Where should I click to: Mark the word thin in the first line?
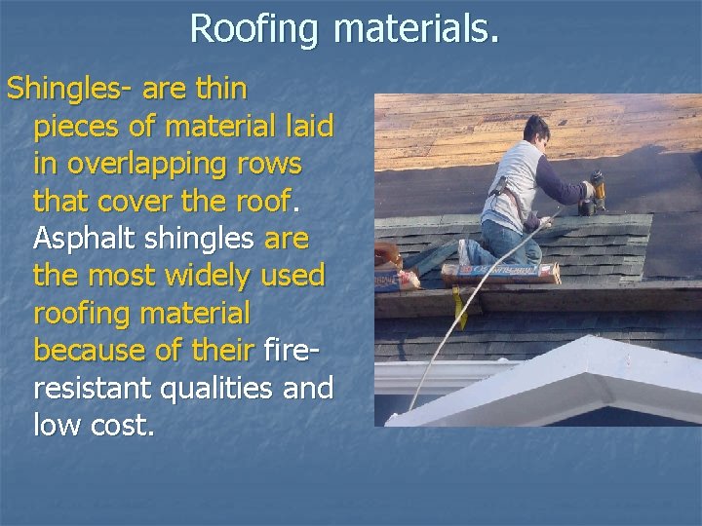(x=219, y=90)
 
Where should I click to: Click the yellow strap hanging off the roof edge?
(x=461, y=306)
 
